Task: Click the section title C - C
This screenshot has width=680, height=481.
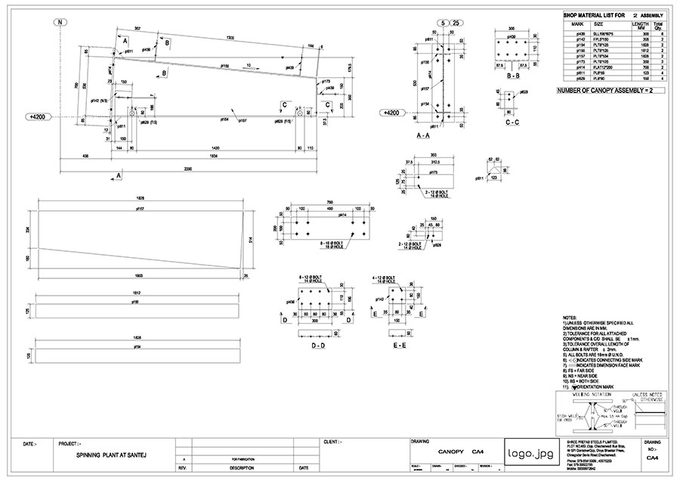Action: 512,122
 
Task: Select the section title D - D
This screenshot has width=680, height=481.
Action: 317,345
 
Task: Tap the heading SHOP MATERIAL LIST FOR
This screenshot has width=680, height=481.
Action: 596,15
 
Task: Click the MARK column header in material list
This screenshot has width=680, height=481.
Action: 580,25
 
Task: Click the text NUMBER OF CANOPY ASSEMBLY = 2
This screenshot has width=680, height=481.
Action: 604,91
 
